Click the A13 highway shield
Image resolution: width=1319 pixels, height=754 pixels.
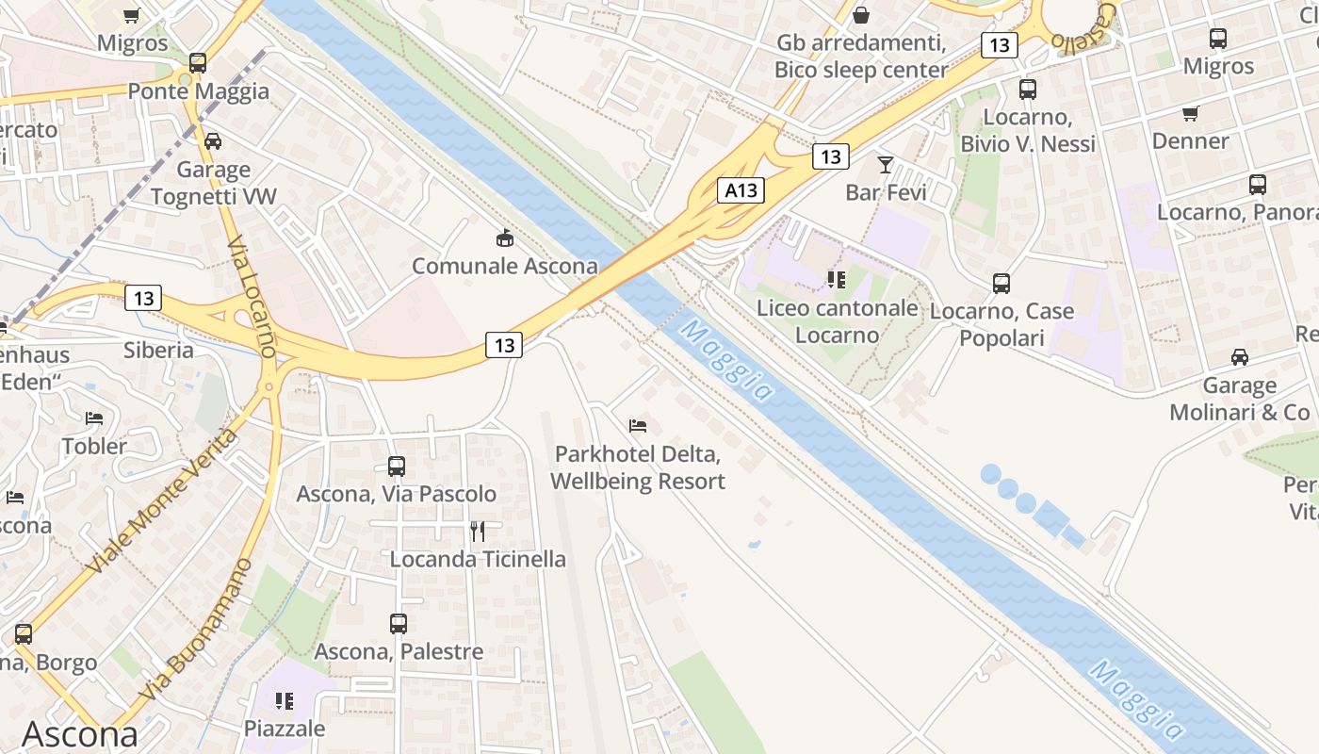[740, 190]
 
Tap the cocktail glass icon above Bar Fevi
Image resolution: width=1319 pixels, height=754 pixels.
[885, 165]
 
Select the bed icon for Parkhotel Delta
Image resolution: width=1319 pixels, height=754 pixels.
[638, 426]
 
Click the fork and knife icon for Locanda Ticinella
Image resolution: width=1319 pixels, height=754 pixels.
[478, 532]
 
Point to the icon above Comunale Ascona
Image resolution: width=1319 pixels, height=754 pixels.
[505, 238]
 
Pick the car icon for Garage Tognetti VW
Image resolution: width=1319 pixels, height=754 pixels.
[213, 141]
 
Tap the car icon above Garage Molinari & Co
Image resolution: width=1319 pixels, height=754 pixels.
[1240, 357]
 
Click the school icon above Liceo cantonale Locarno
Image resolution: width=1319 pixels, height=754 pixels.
[836, 279]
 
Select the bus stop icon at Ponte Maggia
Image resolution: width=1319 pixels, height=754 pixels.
[197, 63]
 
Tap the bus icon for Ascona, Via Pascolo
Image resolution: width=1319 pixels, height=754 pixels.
[397, 466]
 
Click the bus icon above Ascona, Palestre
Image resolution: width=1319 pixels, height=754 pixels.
[399, 623]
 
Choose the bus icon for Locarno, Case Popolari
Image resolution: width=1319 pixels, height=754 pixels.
[1001, 283]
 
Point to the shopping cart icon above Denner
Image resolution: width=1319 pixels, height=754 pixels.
[1190, 114]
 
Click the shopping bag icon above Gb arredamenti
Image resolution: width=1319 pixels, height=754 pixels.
[860, 15]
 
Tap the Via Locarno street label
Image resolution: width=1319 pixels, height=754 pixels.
[252, 296]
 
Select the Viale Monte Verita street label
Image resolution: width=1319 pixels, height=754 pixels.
[162, 501]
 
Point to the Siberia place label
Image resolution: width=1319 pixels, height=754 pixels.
[158, 351]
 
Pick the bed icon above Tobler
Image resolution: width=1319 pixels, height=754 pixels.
[93, 418]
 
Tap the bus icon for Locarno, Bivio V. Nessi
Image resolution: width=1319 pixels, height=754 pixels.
[1028, 90]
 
